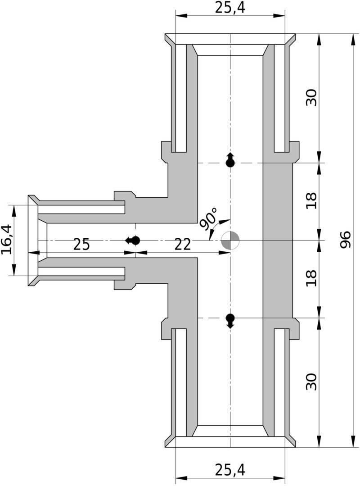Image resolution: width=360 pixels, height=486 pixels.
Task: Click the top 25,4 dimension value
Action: pyautogui.click(x=230, y=7)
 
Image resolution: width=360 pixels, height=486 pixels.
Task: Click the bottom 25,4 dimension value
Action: pyautogui.click(x=230, y=470)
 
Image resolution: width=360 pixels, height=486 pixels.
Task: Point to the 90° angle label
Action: pyautogui.click(x=207, y=219)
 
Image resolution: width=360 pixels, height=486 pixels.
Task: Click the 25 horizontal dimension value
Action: pyautogui.click(x=81, y=245)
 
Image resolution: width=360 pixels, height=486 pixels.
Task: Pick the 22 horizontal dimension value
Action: pyautogui.click(x=182, y=245)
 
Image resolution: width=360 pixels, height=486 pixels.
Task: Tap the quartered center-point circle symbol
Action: pyautogui.click(x=231, y=241)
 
